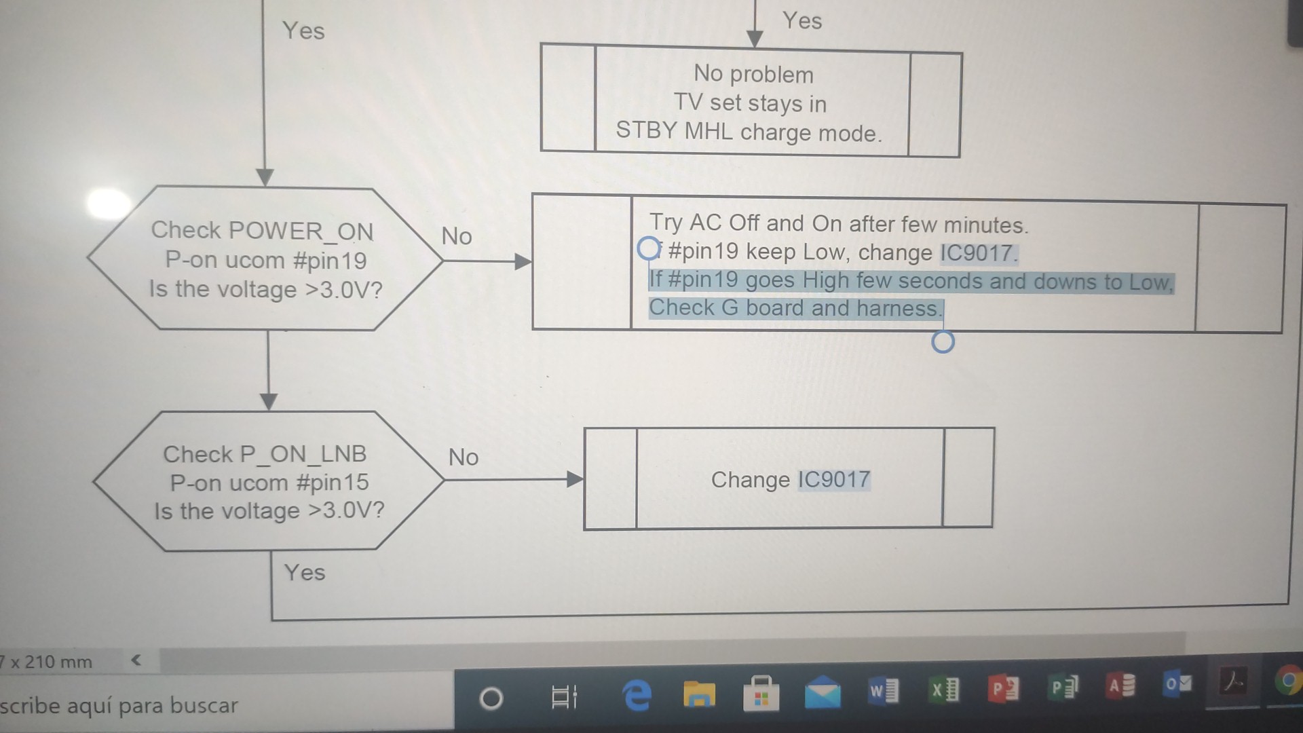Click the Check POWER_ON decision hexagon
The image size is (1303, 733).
pyautogui.click(x=265, y=259)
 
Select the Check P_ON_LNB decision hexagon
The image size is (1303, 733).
pyautogui.click(x=268, y=481)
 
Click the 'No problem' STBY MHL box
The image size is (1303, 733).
pyautogui.click(x=751, y=102)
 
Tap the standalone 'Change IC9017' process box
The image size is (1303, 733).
pyautogui.click(x=789, y=479)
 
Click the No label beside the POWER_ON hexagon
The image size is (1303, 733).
pyautogui.click(x=456, y=236)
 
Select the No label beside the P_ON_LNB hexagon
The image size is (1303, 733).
pyautogui.click(x=463, y=457)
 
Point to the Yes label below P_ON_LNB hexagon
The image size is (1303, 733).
pyautogui.click(x=304, y=573)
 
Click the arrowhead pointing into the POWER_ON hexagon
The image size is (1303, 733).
pyautogui.click(x=265, y=178)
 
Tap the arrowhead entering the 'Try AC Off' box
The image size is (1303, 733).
pyautogui.click(x=523, y=262)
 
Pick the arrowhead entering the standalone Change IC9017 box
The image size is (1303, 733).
pyautogui.click(x=575, y=480)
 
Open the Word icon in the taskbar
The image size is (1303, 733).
pyautogui.click(x=884, y=691)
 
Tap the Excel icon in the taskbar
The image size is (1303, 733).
pyautogui.click(x=943, y=690)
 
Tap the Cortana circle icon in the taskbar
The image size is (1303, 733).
pyautogui.click(x=491, y=698)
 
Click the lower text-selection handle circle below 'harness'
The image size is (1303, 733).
pyautogui.click(x=943, y=342)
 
